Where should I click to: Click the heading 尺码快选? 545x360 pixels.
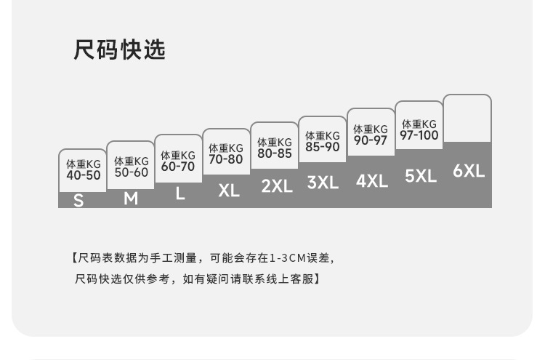(x=120, y=50)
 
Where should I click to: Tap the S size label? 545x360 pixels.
(x=78, y=200)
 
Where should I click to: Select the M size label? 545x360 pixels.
(x=131, y=198)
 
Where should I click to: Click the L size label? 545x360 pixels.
(x=179, y=194)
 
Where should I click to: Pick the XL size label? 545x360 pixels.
(x=229, y=191)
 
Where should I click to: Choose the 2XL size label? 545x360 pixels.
(x=277, y=185)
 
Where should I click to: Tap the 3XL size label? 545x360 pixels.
(x=323, y=183)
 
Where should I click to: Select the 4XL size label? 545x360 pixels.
(x=372, y=180)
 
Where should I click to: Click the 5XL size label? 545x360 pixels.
(x=421, y=176)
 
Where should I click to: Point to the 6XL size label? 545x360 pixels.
(x=469, y=171)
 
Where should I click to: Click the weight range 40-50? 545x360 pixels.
(x=84, y=175)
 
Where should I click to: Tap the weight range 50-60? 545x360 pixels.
(x=132, y=172)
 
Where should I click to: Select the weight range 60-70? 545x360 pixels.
(x=178, y=167)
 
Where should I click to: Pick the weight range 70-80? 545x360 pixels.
(x=226, y=159)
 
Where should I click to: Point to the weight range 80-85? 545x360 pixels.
(x=275, y=153)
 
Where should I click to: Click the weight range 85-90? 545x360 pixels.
(x=323, y=147)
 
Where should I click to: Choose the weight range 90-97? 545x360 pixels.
(x=371, y=140)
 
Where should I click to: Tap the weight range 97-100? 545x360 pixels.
(x=419, y=135)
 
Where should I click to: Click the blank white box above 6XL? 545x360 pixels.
(x=467, y=118)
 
